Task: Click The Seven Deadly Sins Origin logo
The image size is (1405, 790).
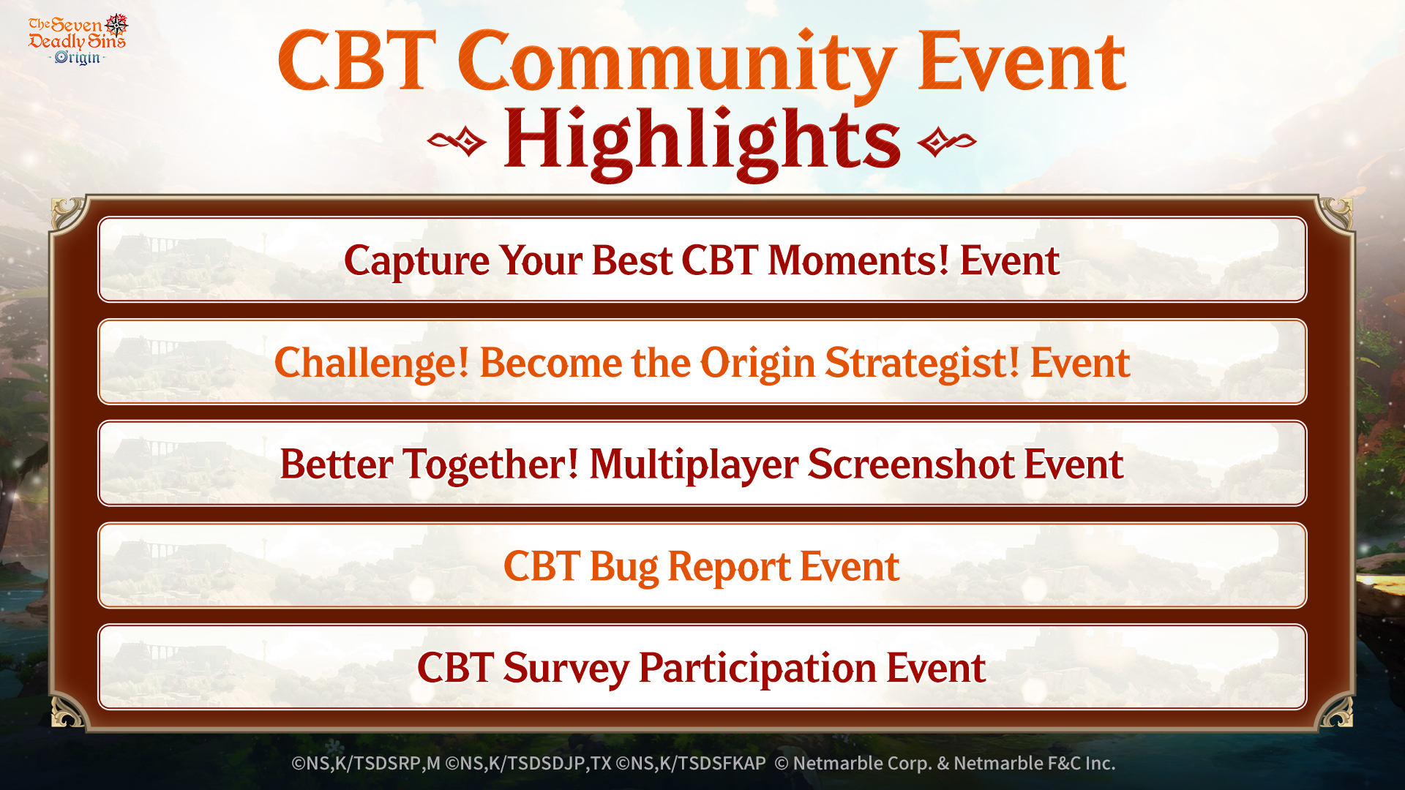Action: pyautogui.click(x=78, y=39)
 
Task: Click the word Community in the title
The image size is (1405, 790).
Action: pyautogui.click(x=677, y=64)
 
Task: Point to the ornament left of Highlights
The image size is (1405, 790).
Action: pyautogui.click(x=457, y=141)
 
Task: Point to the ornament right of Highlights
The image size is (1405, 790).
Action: pyautogui.click(x=947, y=141)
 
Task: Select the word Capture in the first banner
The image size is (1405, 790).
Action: pyautogui.click(x=417, y=262)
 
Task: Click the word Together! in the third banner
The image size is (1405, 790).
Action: pyautogui.click(x=491, y=466)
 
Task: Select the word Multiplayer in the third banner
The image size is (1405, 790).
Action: pyautogui.click(x=694, y=466)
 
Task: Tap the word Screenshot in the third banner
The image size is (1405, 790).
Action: pyautogui.click(x=911, y=464)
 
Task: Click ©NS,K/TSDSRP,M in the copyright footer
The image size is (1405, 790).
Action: pyautogui.click(x=366, y=764)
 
